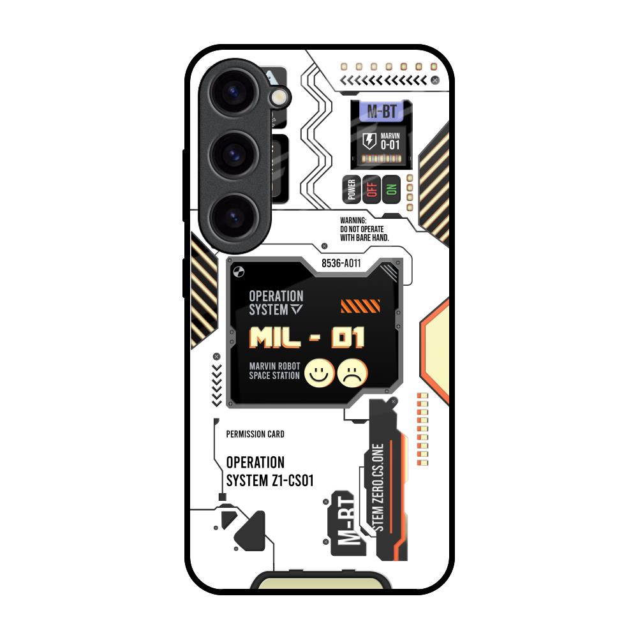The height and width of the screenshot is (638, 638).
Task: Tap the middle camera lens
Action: pos(235,155)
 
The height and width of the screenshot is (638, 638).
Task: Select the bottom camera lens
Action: pos(235,217)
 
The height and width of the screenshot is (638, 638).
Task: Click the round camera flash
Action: pos(279,97)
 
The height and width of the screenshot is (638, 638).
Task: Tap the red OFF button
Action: pos(372,189)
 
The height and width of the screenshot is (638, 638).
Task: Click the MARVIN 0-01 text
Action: pos(390,141)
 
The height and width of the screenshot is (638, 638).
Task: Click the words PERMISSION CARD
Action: pos(255,434)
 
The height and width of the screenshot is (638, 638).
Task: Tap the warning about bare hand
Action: pos(364,229)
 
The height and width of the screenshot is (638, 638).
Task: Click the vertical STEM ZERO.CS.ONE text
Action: pos(378,488)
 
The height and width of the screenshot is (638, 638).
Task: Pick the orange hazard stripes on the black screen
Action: pos(360,306)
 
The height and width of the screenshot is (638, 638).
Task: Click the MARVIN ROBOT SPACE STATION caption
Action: pos(274,371)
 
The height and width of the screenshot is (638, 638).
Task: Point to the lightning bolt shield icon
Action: pos(369,141)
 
